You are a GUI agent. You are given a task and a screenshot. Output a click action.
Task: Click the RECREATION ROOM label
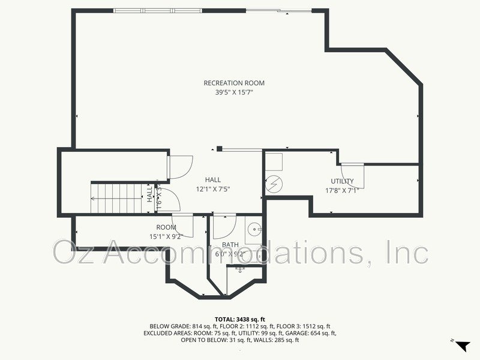(234, 83)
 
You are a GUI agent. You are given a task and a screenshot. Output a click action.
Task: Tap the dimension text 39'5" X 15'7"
(234, 92)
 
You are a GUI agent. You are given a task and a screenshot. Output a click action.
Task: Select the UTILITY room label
(342, 181)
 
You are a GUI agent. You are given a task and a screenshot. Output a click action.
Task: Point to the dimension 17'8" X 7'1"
(342, 191)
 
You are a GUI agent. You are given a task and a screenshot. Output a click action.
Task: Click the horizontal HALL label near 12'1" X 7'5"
(212, 179)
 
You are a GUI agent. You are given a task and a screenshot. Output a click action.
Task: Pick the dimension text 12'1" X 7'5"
(212, 188)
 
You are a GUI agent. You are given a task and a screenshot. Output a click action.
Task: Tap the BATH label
(230, 245)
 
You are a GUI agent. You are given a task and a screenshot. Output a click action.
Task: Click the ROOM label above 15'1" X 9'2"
(166, 227)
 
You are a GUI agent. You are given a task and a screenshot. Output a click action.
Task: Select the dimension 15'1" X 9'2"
(166, 236)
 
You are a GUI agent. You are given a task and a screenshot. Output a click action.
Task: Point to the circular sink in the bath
(254, 229)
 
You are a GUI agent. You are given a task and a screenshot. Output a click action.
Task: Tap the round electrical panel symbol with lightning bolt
(273, 182)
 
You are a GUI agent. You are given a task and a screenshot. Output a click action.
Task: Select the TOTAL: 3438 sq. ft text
(240, 319)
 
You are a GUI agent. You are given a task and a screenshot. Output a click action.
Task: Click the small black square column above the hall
(220, 149)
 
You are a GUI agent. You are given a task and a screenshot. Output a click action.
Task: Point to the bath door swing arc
(223, 226)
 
